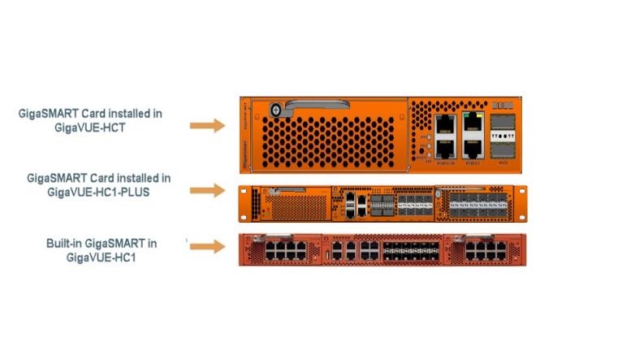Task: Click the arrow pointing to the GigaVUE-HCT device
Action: point(206,125)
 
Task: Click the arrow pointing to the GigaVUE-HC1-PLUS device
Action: point(206,190)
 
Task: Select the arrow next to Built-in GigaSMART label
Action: point(206,245)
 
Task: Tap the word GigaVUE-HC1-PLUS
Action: point(98,193)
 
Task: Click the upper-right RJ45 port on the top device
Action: point(472,124)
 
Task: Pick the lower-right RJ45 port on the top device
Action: point(472,149)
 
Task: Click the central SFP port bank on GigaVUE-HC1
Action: point(409,249)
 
